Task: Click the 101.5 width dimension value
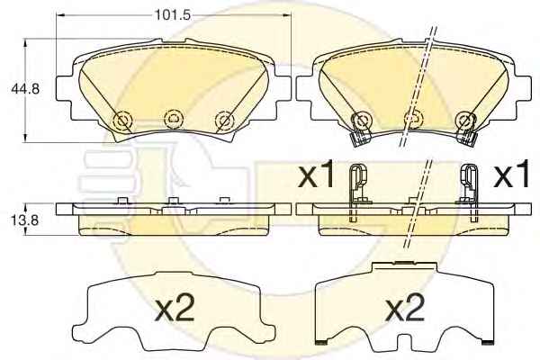(172, 14)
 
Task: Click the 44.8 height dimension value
(25, 89)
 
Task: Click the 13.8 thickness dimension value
(25, 220)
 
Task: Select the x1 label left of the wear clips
(316, 174)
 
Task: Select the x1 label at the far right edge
(511, 175)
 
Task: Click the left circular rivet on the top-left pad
(122, 121)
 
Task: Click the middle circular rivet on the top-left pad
(174, 119)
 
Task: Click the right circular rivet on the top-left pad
(224, 121)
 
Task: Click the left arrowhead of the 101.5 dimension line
(60, 14)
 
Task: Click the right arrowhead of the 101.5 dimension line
(287, 14)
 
